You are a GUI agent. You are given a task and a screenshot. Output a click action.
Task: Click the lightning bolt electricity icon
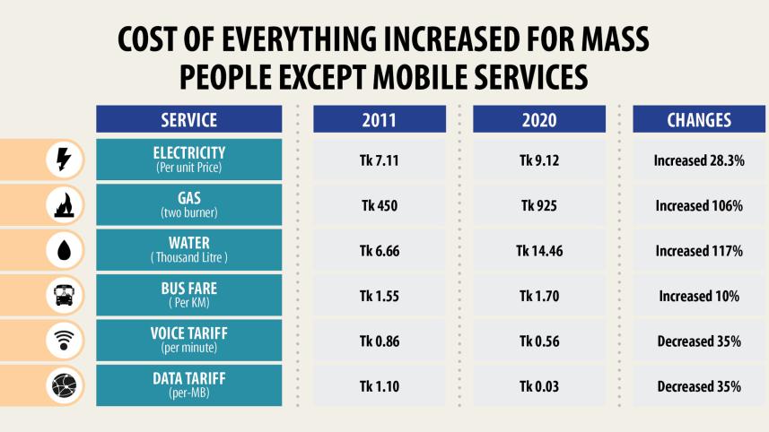(65, 160)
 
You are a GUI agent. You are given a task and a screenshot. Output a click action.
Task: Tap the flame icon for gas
(65, 205)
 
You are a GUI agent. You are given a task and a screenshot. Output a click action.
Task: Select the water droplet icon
(65, 251)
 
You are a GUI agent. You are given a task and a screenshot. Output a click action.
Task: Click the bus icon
(65, 296)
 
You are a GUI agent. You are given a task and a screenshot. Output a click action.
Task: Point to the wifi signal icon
(65, 341)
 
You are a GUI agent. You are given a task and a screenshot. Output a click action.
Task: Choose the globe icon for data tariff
(65, 385)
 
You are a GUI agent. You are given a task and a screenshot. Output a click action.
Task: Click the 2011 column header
(379, 119)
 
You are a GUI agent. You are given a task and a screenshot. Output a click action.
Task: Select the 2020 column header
(538, 119)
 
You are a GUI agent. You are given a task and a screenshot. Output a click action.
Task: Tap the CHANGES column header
(699, 119)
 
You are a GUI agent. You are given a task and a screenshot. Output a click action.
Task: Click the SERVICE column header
(188, 119)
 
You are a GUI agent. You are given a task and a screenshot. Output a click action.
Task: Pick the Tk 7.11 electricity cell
(379, 160)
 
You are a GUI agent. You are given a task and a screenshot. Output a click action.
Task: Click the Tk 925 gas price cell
(538, 205)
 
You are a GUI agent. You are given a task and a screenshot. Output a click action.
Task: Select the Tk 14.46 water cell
(538, 251)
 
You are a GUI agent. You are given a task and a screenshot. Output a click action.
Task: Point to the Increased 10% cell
(699, 296)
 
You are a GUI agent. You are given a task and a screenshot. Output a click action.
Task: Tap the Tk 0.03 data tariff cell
(538, 386)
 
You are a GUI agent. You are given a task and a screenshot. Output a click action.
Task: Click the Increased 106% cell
(699, 205)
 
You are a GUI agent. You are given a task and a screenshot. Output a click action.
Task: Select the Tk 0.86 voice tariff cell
(379, 341)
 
